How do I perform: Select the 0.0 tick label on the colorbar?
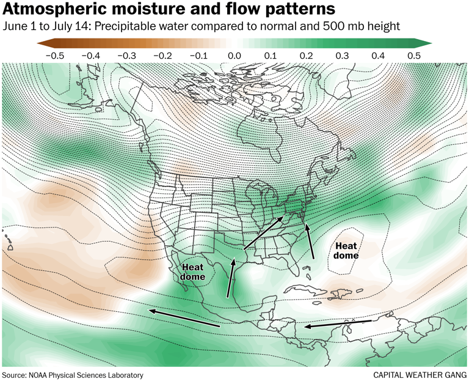click(234, 56)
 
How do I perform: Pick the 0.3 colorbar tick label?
click(343, 56)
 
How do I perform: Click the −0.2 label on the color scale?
click(163, 56)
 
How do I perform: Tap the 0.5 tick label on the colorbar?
click(414, 56)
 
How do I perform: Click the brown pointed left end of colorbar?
click(42, 43)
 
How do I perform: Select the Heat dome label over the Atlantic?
click(346, 250)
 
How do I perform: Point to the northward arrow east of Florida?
click(311, 242)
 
